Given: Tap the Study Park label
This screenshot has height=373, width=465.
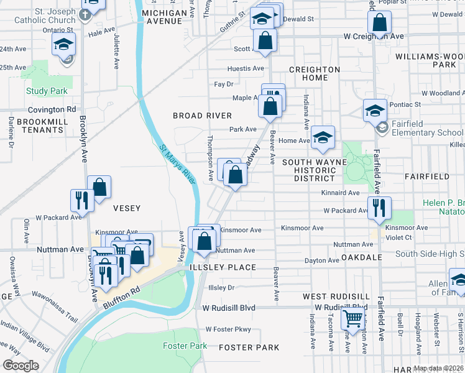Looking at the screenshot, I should point(47,91).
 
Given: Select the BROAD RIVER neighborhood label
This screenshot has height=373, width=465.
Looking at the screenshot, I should point(202,116).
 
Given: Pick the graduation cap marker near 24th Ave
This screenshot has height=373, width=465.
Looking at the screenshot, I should point(64,45).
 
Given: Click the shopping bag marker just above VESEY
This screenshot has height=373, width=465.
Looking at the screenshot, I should point(99,186).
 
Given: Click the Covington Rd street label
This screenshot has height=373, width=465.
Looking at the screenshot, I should point(47,109).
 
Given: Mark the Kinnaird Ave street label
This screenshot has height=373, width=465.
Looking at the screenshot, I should point(340,193).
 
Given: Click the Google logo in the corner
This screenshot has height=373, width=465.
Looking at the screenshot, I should point(21,366).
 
